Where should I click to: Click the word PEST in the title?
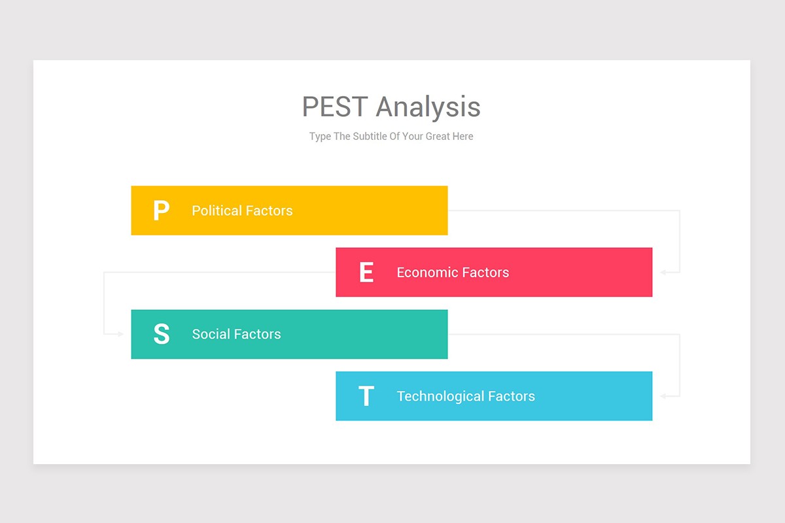pos(335,107)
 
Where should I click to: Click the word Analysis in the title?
pos(428,107)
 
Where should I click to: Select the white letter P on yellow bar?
pos(161,211)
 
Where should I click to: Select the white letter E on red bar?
pos(366,272)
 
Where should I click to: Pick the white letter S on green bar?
pos(161,334)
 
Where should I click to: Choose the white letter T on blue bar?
pos(366,396)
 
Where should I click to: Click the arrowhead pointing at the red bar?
pos(663,272)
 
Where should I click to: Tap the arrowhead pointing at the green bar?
pos(120,334)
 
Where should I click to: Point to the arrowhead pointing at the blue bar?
pos(663,396)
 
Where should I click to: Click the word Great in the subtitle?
pos(438,137)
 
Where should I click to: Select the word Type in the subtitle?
pos(320,137)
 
